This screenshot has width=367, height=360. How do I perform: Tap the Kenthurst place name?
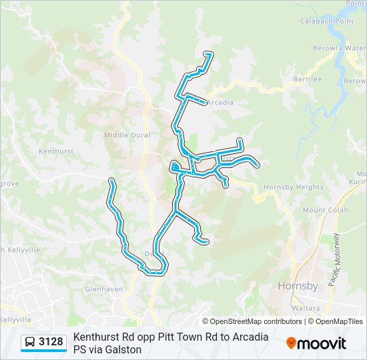pos(55,151)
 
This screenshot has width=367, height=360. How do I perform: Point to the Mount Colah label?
pos(324,210)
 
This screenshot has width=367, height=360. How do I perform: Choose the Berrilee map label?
pos(307,79)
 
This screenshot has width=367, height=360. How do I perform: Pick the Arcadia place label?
pos(220,103)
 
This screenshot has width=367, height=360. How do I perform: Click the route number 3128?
pos(51,342)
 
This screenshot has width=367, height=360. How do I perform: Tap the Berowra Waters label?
pos(340,49)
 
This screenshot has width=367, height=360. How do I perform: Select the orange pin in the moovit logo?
pos(291,343)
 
